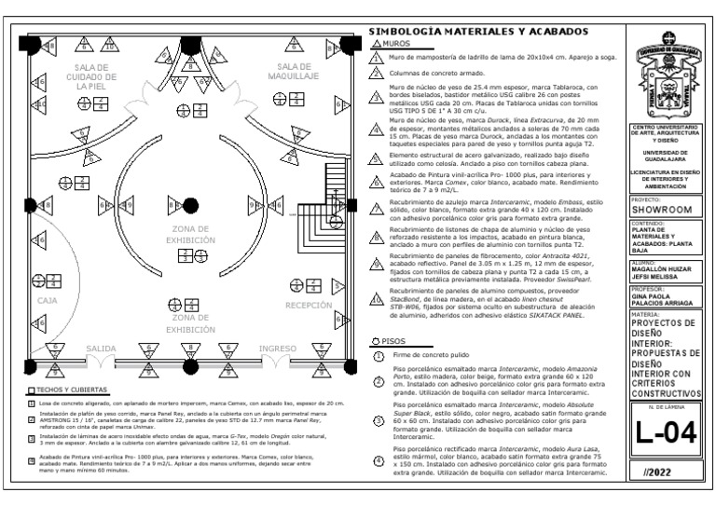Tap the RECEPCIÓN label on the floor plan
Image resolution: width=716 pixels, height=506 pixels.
pyautogui.click(x=309, y=305)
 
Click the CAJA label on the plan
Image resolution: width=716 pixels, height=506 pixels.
pyautogui.click(x=47, y=301)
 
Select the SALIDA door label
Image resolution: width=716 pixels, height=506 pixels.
pyautogui.click(x=102, y=348)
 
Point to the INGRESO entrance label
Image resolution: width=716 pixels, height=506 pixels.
pyautogui.click(x=277, y=348)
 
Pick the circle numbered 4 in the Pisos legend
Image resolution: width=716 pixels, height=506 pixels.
pyautogui.click(x=379, y=461)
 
